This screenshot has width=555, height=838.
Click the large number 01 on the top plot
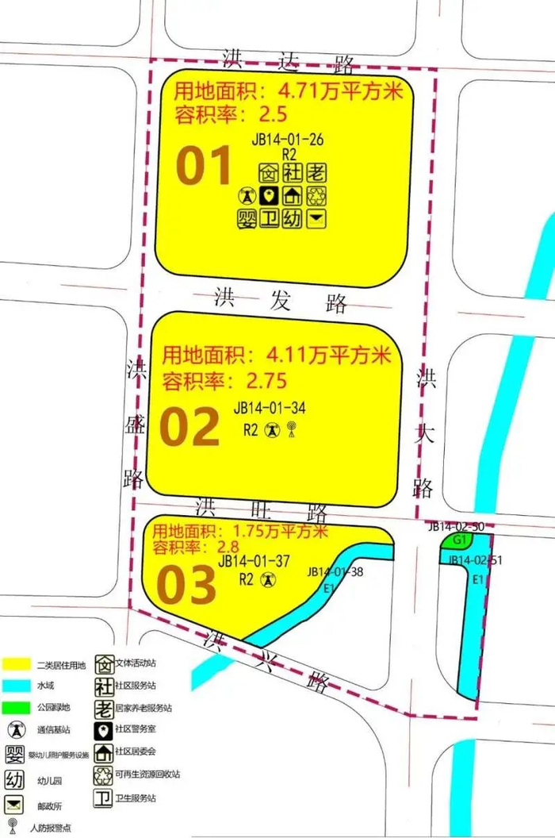[204, 167]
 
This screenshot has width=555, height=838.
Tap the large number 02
[189, 428]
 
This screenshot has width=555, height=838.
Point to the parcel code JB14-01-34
[270, 408]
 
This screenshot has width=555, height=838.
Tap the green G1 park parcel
[457, 541]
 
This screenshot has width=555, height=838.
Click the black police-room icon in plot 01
[270, 196]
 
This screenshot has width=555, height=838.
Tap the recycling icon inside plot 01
[316, 196]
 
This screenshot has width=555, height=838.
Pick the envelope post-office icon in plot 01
[316, 218]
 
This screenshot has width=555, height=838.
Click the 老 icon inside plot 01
[316, 172]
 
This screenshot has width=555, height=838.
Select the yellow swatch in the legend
[17, 663]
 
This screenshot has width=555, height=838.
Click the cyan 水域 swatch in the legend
[17, 685]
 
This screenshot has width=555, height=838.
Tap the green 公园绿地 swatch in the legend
[17, 706]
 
